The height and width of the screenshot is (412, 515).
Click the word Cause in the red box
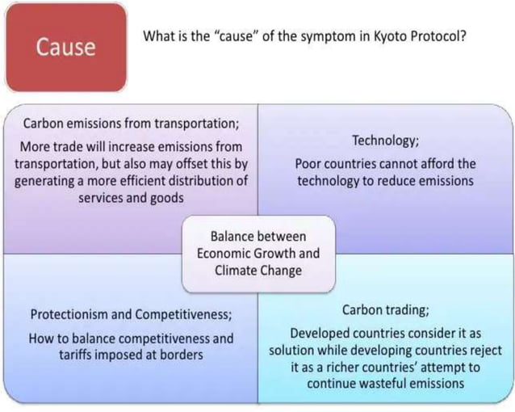coord(65,47)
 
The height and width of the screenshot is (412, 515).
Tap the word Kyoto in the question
coord(391,37)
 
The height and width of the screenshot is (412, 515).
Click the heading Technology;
coord(385,141)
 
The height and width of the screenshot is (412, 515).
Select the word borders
coord(180,355)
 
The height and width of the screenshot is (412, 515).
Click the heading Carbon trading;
coord(385,310)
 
